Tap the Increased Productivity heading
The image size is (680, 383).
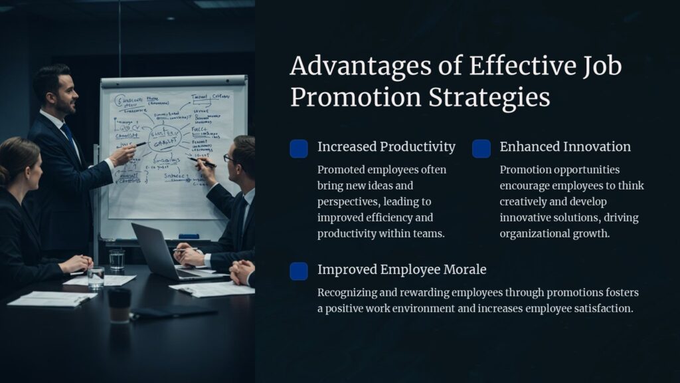(x=386, y=147)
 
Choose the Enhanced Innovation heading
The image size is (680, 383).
(x=565, y=147)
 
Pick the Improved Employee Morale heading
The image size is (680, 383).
(x=402, y=269)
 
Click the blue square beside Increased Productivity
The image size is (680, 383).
(x=299, y=149)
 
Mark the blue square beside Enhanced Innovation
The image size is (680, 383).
(x=481, y=149)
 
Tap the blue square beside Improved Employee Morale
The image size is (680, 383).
(x=299, y=271)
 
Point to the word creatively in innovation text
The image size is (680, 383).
(x=528, y=201)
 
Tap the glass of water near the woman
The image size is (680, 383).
(x=96, y=277)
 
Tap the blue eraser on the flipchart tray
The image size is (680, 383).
(x=189, y=236)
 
